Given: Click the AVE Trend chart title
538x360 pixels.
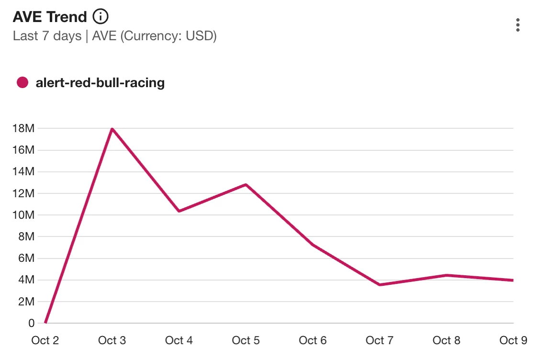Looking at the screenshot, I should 50,17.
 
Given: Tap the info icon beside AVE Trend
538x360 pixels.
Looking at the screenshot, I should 101,17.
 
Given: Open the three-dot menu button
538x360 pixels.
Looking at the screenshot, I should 517,25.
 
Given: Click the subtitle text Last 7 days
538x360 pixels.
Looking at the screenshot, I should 47,36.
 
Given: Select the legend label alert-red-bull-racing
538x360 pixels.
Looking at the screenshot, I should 100,83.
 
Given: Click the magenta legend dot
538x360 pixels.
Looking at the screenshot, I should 22,83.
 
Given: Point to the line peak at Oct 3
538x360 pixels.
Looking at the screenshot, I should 112,129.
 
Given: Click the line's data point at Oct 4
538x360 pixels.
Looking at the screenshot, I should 179,211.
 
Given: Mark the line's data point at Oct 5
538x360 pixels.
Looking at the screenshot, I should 246,184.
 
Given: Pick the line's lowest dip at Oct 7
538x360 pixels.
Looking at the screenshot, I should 380,285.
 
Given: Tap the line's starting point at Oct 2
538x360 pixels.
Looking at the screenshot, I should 45,323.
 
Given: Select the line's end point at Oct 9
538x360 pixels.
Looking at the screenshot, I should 513,280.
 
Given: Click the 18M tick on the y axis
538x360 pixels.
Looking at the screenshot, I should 24,128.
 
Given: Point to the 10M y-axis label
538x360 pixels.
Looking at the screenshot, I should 24,215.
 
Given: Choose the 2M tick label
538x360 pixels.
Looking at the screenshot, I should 26,302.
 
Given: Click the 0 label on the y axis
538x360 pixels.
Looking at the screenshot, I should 32,323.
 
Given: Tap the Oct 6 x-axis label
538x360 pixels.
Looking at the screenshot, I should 313,340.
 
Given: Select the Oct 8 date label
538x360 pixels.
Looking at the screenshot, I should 446,340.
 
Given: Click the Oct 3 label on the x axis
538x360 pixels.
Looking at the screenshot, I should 112,340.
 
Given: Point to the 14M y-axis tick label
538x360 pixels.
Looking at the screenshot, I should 24,171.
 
